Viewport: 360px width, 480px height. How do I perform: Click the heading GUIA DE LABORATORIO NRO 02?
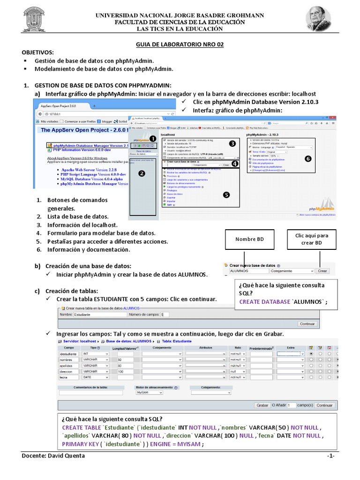coord(180,45)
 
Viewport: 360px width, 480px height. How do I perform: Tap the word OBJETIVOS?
coord(38,52)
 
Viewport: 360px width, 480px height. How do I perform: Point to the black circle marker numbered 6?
coord(308,159)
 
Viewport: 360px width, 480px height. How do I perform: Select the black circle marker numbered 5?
coord(227,195)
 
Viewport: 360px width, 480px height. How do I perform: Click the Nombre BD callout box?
coord(249,240)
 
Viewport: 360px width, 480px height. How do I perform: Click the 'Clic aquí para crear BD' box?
coord(311,239)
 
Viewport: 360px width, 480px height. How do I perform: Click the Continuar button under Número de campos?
coord(307,324)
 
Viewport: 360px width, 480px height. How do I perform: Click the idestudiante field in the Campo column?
coord(68,353)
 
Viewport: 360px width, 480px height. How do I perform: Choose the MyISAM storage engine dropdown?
coord(149,393)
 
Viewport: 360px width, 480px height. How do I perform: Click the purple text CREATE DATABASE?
coord(265,302)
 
